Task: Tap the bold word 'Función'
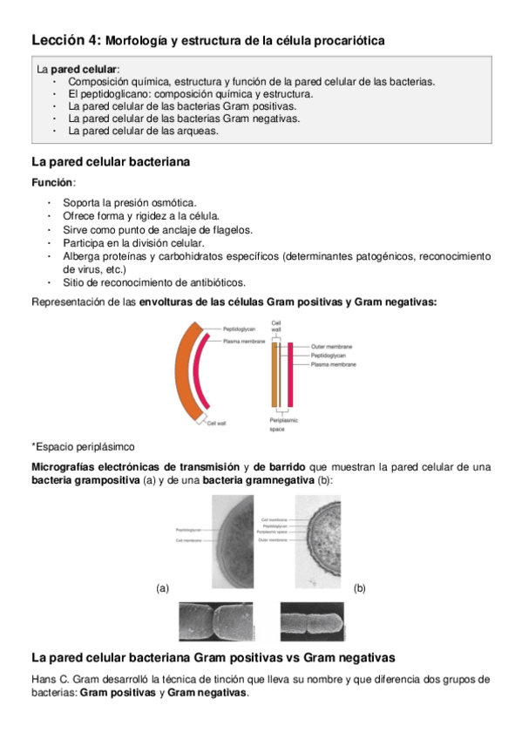click(x=52, y=182)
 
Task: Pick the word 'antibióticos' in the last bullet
click(x=215, y=282)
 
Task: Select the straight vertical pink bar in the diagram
click(x=290, y=375)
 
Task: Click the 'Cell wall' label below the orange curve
click(x=216, y=424)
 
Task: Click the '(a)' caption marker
click(x=162, y=588)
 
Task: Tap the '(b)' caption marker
click(x=359, y=588)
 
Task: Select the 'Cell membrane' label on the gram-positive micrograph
click(x=189, y=540)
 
